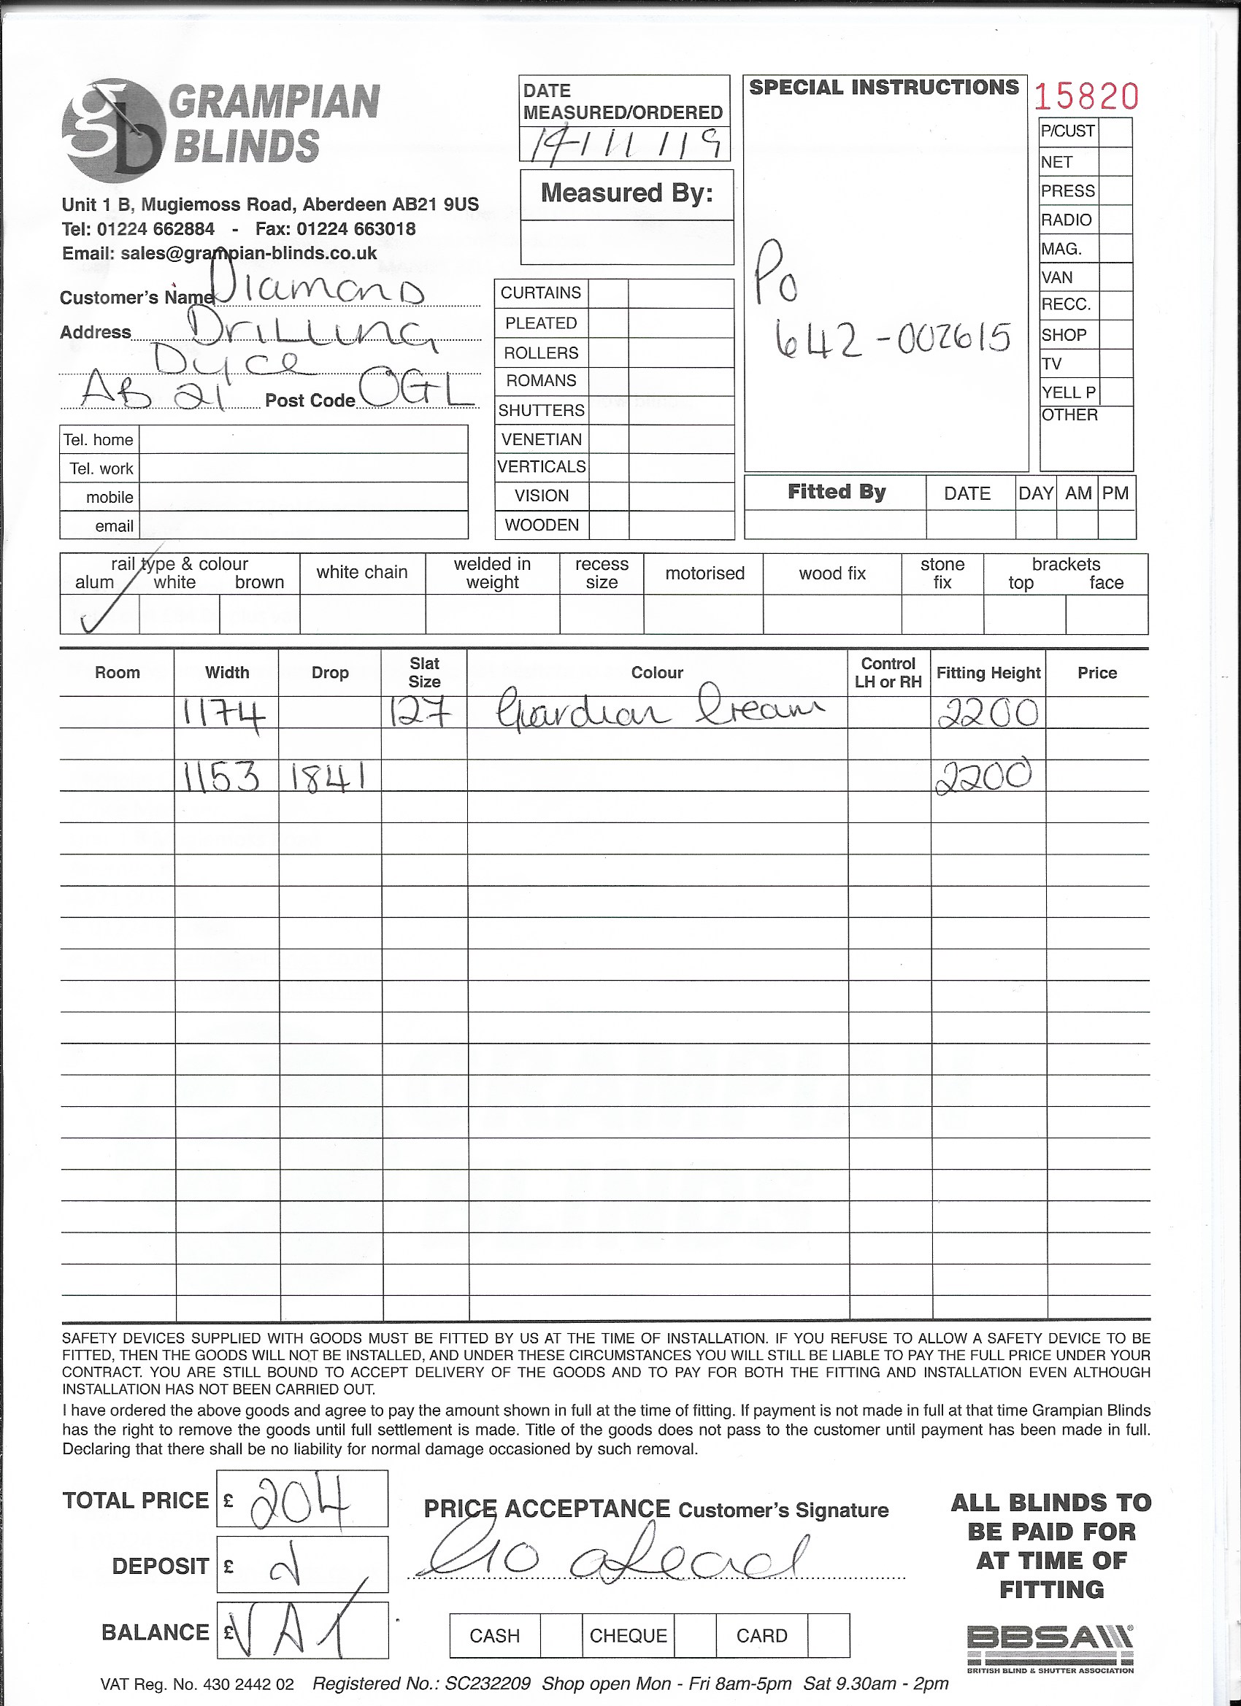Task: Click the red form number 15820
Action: (1086, 96)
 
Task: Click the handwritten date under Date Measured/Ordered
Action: (624, 142)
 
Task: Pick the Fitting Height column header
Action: (988, 673)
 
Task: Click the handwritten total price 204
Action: (300, 1502)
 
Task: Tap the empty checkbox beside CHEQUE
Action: (694, 1636)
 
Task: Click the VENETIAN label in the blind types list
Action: (541, 439)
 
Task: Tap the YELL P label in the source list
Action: (1068, 393)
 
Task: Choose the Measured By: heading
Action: (626, 194)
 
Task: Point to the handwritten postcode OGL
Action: (418, 389)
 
